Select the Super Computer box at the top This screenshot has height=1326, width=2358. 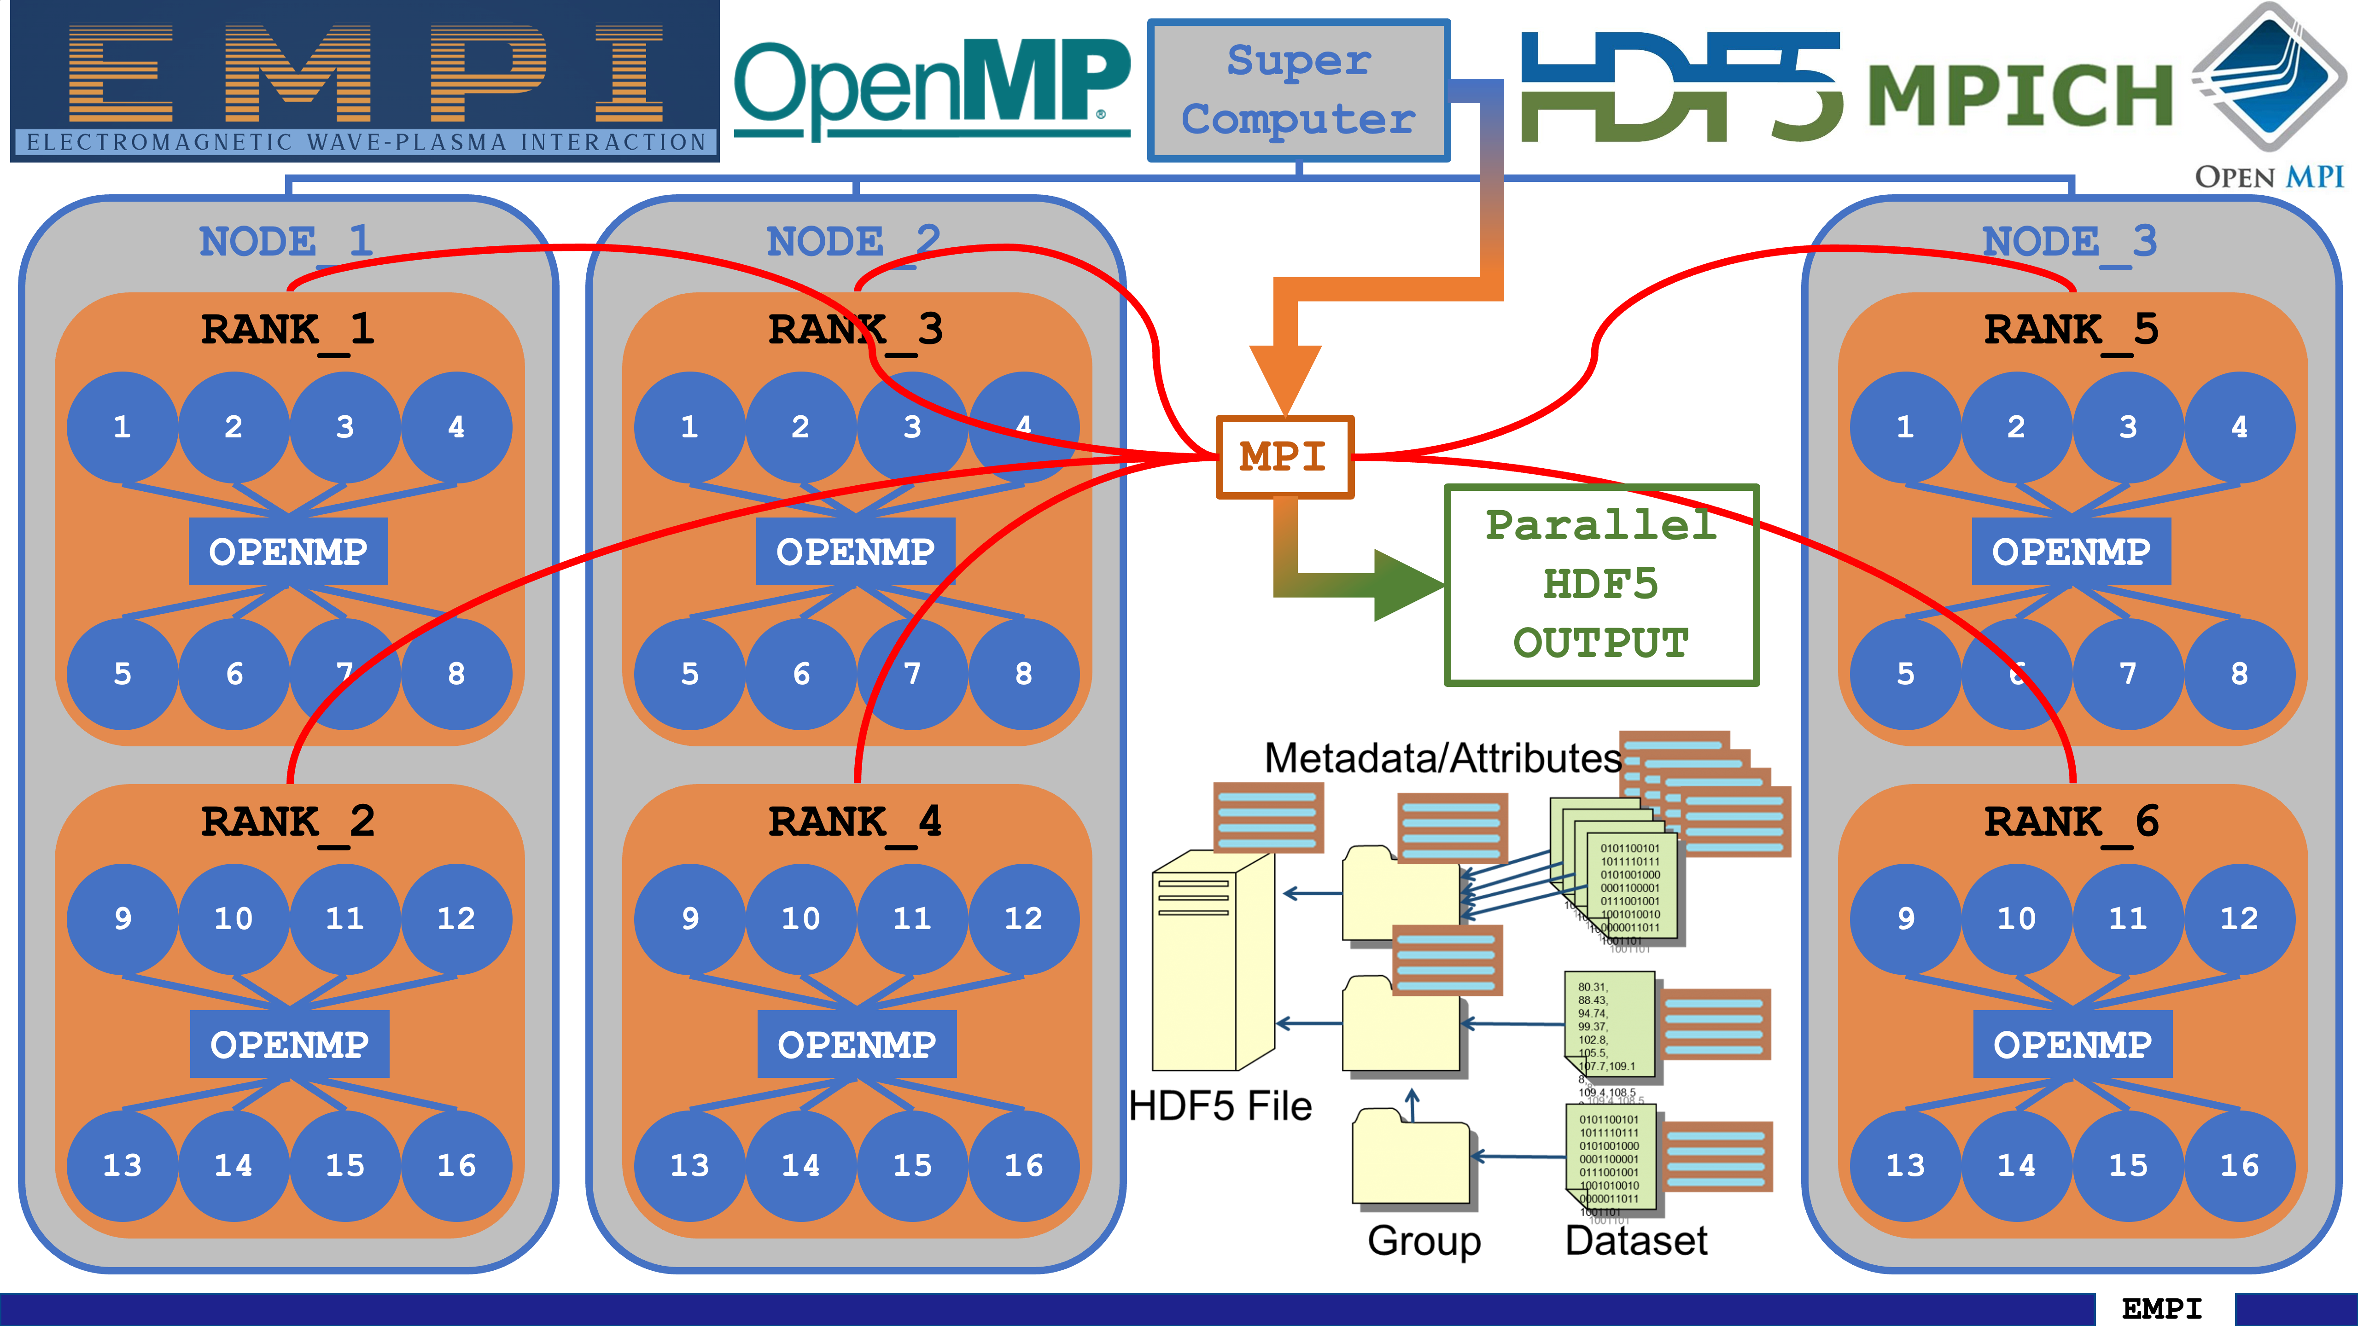click(1298, 91)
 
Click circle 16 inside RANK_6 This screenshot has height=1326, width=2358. click(2239, 1165)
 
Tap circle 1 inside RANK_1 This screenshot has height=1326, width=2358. click(122, 426)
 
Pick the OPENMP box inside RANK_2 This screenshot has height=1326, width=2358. click(289, 1044)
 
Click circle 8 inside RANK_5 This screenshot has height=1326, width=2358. click(2239, 674)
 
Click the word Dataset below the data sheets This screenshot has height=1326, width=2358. click(1636, 1241)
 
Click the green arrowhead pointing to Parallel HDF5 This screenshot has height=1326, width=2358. click(1405, 586)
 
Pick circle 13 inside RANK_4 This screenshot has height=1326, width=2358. click(689, 1165)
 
